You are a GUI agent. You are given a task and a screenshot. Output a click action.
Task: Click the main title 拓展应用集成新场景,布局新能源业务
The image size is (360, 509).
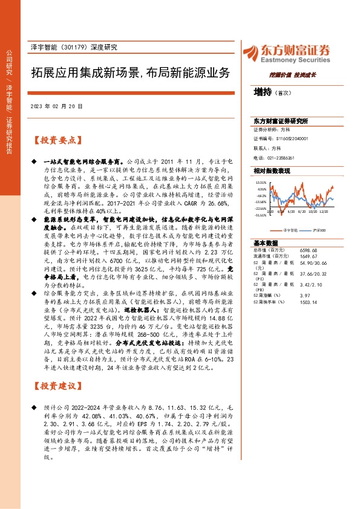[130, 73]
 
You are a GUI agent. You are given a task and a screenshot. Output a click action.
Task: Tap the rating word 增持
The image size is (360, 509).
[262, 92]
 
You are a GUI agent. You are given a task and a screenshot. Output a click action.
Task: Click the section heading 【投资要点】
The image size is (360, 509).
[55, 140]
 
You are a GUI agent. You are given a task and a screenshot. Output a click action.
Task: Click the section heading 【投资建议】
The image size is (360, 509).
[55, 386]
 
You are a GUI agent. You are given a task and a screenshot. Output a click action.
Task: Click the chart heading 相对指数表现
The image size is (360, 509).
[272, 171]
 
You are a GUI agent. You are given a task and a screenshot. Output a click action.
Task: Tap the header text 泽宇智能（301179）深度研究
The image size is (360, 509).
[73, 47]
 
